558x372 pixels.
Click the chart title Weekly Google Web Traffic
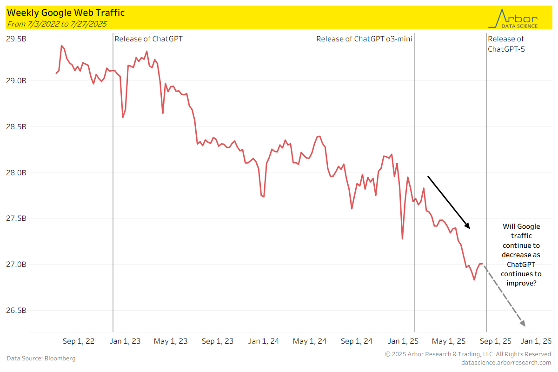[66, 13]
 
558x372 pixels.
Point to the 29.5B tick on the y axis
[16, 39]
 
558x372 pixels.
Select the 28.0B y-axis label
[16, 173]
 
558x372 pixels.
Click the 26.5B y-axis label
[16, 310]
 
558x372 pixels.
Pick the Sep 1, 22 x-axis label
[79, 341]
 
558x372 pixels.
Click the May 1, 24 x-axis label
[310, 341]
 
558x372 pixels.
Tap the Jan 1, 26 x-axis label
[536, 341]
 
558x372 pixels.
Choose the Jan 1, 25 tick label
[403, 341]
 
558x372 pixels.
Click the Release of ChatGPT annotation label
[148, 39]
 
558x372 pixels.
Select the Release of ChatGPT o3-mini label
[364, 39]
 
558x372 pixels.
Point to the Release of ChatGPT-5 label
[506, 44]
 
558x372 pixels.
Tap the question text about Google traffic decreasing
[521, 254]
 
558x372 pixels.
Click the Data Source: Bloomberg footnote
[41, 359]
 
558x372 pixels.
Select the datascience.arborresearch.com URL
[506, 362]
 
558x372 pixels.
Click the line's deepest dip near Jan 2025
[402, 239]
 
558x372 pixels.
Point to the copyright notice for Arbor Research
[468, 354]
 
